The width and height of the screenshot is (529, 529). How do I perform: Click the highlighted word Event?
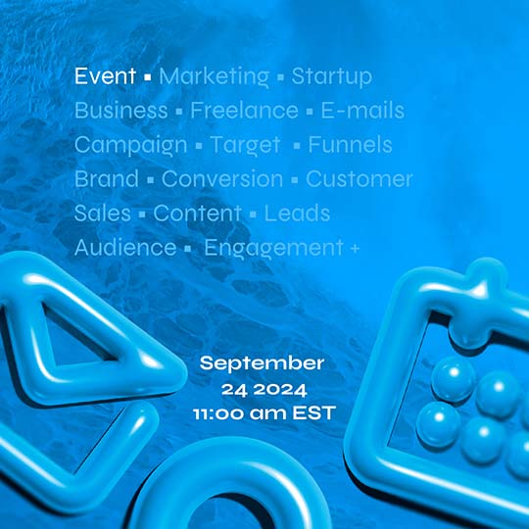[106, 76]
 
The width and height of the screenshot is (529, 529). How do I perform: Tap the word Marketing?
[214, 76]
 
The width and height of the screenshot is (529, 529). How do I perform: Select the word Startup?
[331, 76]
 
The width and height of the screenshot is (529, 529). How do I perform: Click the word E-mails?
[362, 111]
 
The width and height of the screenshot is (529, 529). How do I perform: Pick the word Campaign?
[130, 145]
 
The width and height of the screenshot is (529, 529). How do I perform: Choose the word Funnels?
[350, 145]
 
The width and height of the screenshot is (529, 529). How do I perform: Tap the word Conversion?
[222, 179]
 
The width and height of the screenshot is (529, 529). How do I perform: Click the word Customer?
[359, 179]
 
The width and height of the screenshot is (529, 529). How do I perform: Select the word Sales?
[101, 214]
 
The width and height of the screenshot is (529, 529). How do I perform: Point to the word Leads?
[297, 214]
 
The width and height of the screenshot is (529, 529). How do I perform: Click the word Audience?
[124, 248]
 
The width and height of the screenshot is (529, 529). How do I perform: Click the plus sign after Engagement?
[354, 249]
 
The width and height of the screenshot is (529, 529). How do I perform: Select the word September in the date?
[262, 363]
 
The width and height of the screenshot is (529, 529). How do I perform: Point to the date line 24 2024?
[262, 388]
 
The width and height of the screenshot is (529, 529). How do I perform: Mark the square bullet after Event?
[146, 77]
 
